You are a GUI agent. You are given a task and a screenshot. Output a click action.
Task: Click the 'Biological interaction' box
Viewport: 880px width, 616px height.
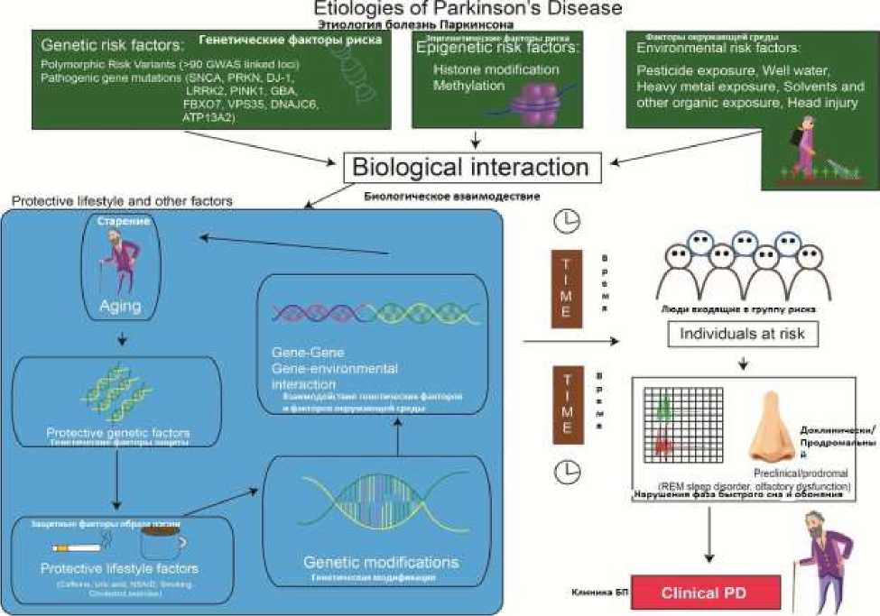470,167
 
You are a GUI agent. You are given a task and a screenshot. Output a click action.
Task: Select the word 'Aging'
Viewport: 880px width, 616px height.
119,307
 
